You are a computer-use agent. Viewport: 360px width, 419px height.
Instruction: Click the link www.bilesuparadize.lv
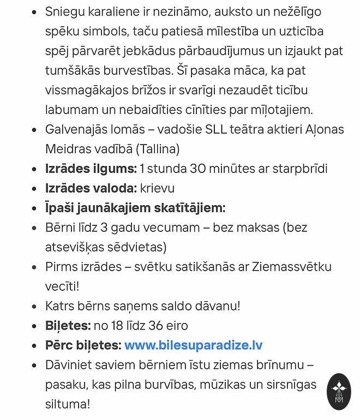tap(193, 345)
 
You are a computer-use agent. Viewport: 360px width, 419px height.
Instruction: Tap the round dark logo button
tap(339, 391)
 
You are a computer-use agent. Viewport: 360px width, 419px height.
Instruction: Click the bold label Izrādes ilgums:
tap(91, 169)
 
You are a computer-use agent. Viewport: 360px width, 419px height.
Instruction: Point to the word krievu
tap(157, 188)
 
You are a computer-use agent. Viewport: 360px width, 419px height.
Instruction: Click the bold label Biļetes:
tap(68, 326)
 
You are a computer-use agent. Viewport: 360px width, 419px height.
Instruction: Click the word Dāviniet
tap(68, 365)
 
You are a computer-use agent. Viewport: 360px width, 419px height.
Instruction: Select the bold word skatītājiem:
tap(189, 208)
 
